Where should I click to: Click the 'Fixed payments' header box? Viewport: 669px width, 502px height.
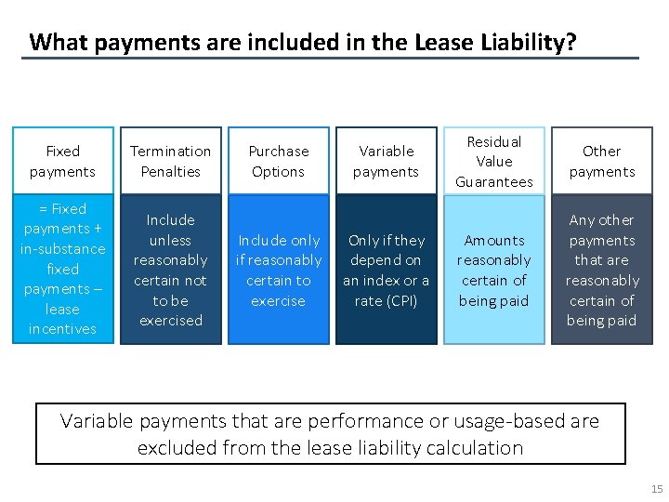(63, 161)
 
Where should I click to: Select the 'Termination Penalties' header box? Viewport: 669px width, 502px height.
(171, 161)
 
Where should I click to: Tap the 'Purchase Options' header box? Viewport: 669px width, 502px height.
(279, 161)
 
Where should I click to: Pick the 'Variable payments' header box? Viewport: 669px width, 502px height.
(387, 161)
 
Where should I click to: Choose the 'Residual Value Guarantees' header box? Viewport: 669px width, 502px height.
(494, 161)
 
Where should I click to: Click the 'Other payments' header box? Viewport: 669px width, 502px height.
(602, 161)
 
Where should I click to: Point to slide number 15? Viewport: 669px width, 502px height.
(657, 489)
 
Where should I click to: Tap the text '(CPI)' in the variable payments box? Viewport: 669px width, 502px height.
(400, 300)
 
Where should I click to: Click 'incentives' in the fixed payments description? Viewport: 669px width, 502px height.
(63, 329)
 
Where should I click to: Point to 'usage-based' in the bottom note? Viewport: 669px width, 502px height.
(489, 421)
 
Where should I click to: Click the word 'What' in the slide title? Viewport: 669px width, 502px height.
(54, 42)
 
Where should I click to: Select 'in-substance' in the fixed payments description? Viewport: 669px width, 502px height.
(63, 249)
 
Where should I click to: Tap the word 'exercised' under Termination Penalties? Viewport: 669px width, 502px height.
(171, 321)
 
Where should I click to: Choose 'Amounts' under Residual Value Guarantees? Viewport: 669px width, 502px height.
(494, 241)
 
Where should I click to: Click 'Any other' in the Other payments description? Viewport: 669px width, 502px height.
(602, 220)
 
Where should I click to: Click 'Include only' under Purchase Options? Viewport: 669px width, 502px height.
(279, 241)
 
